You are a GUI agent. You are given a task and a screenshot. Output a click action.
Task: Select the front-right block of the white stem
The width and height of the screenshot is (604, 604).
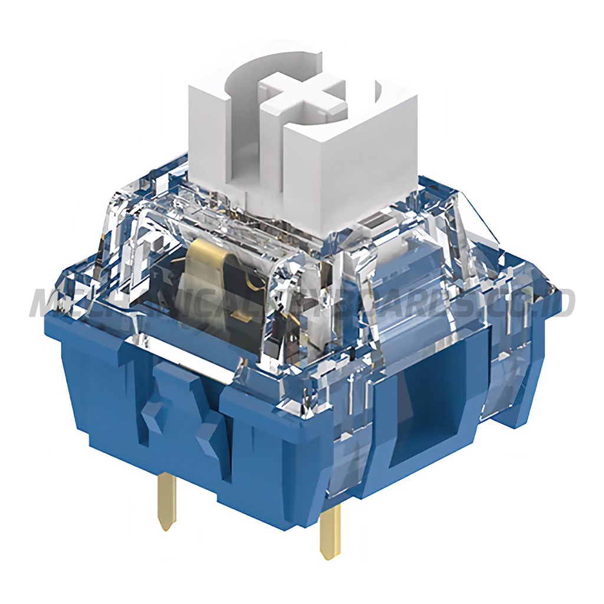pyautogui.click(x=348, y=165)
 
